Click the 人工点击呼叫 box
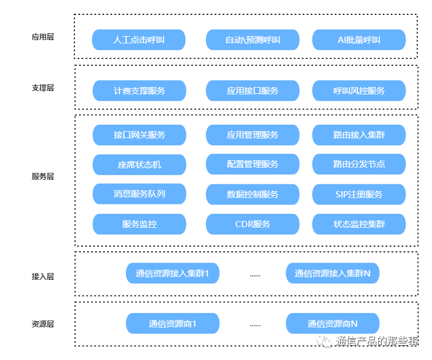[138, 40]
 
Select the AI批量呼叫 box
[359, 40]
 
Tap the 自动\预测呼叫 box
[253, 40]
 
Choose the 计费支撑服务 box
[140, 90]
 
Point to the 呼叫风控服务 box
[359, 90]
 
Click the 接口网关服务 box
[140, 135]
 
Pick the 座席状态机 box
[140, 165]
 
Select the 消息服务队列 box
[140, 194]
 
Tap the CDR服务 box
[253, 224]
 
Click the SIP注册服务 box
[359, 195]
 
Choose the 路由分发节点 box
[359, 164]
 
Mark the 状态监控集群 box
[359, 224]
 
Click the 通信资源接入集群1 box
[172, 273]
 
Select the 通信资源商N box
[332, 323]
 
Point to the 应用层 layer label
[43, 37]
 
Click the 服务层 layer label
[43, 176]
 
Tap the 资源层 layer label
[43, 324]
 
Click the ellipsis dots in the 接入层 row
[255, 275]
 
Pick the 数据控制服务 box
[253, 195]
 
